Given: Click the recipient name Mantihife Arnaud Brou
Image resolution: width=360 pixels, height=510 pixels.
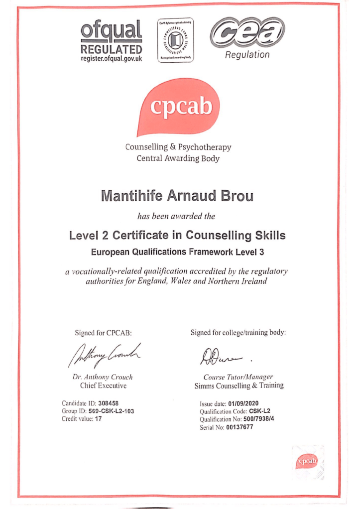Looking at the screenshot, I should (177, 195).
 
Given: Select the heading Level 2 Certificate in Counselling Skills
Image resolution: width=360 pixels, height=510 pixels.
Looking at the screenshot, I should (178, 235).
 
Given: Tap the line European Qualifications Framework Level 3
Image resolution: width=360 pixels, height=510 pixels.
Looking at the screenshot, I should (178, 252).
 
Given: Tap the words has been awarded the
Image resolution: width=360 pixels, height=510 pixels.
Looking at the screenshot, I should (177, 217).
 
